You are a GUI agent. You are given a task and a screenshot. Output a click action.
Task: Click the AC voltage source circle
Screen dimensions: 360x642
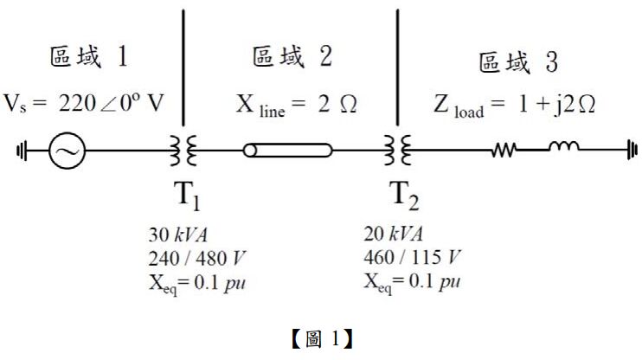[x=66, y=151]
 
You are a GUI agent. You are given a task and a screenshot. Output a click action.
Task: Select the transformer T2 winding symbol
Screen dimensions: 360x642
[x=397, y=151]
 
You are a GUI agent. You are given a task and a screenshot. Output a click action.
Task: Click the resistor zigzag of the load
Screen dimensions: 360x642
[x=504, y=151]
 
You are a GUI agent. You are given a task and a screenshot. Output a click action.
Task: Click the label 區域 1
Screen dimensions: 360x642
[x=89, y=59]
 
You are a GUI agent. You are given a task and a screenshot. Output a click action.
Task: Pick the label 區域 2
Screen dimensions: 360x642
[x=292, y=59]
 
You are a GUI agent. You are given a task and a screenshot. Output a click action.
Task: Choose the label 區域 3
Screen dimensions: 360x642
[x=518, y=63]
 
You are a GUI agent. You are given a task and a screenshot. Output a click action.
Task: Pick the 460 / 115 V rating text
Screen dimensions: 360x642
[x=412, y=257]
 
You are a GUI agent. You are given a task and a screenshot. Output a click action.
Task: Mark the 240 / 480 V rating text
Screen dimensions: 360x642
[x=194, y=257]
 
